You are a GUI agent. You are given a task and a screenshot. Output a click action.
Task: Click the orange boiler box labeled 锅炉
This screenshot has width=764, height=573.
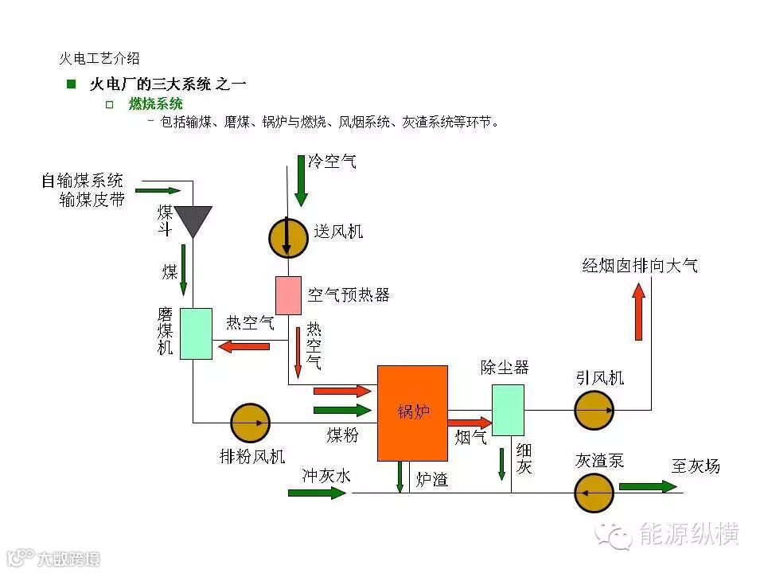point(412,412)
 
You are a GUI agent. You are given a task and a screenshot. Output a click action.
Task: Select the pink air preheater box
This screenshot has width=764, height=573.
point(288,295)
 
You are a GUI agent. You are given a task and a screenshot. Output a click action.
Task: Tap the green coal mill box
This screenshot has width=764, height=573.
point(196,333)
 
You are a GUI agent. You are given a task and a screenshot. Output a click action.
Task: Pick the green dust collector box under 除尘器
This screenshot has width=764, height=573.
point(508,409)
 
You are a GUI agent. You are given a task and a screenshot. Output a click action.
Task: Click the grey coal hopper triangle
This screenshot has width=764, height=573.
point(193,220)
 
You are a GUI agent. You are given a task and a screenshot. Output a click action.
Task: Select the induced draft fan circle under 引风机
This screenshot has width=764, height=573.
point(594,410)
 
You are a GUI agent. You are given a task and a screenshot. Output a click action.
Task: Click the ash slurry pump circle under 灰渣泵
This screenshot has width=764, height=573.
point(594,493)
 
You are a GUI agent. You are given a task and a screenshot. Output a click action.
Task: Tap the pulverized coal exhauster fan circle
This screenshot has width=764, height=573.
point(250,423)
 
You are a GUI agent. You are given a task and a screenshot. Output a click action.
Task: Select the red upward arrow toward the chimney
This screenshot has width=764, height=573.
point(638,312)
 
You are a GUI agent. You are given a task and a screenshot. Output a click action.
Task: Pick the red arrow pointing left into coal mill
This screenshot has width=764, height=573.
point(244,346)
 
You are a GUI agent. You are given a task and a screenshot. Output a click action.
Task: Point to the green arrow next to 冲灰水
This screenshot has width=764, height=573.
point(317,493)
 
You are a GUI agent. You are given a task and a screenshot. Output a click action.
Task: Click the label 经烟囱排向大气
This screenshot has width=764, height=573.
point(640,266)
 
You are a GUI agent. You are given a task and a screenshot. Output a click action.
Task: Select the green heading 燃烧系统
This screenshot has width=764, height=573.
point(156,104)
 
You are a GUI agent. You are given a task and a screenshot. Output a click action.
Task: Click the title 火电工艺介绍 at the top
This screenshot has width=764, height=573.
point(99,58)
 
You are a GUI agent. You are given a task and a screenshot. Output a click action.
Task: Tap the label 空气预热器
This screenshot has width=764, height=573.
point(349,295)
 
